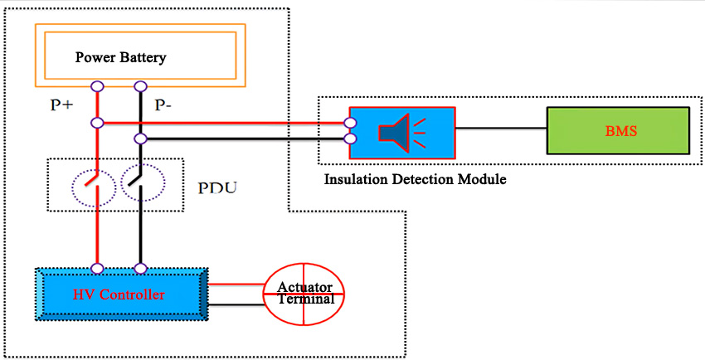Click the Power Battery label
[x=121, y=57]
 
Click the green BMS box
[x=618, y=130]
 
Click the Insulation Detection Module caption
[x=415, y=178]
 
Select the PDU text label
[x=217, y=187]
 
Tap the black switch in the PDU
[x=140, y=182]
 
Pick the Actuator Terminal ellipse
[x=305, y=294]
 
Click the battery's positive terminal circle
[x=97, y=86]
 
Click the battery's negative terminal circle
[x=141, y=86]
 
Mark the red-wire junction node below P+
[x=97, y=123]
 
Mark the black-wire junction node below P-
[x=141, y=138]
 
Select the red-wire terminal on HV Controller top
[x=97, y=268]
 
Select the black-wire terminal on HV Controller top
[x=141, y=268]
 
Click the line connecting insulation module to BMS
[x=501, y=129]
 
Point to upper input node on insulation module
[x=351, y=124]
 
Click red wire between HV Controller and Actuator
[x=236, y=283]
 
